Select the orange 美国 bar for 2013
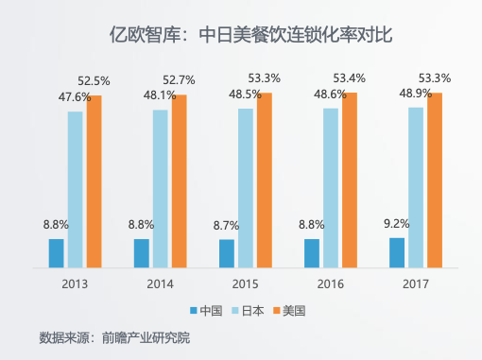coord(95,180)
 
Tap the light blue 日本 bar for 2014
coord(161,188)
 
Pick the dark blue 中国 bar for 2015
coord(227,253)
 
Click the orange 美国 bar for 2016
coord(350,180)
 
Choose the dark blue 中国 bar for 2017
coord(397,252)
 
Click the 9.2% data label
coord(397,225)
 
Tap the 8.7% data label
coord(227,226)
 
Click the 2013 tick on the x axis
coord(75,284)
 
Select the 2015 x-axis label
coord(245,284)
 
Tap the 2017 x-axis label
coord(416,284)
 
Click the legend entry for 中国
coord(206,310)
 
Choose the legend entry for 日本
coord(247,310)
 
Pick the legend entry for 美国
coord(289,310)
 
